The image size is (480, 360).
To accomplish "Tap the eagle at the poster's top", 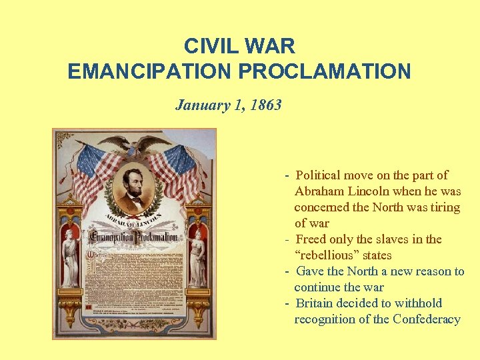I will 135,144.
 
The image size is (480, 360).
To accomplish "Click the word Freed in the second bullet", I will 311,239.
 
